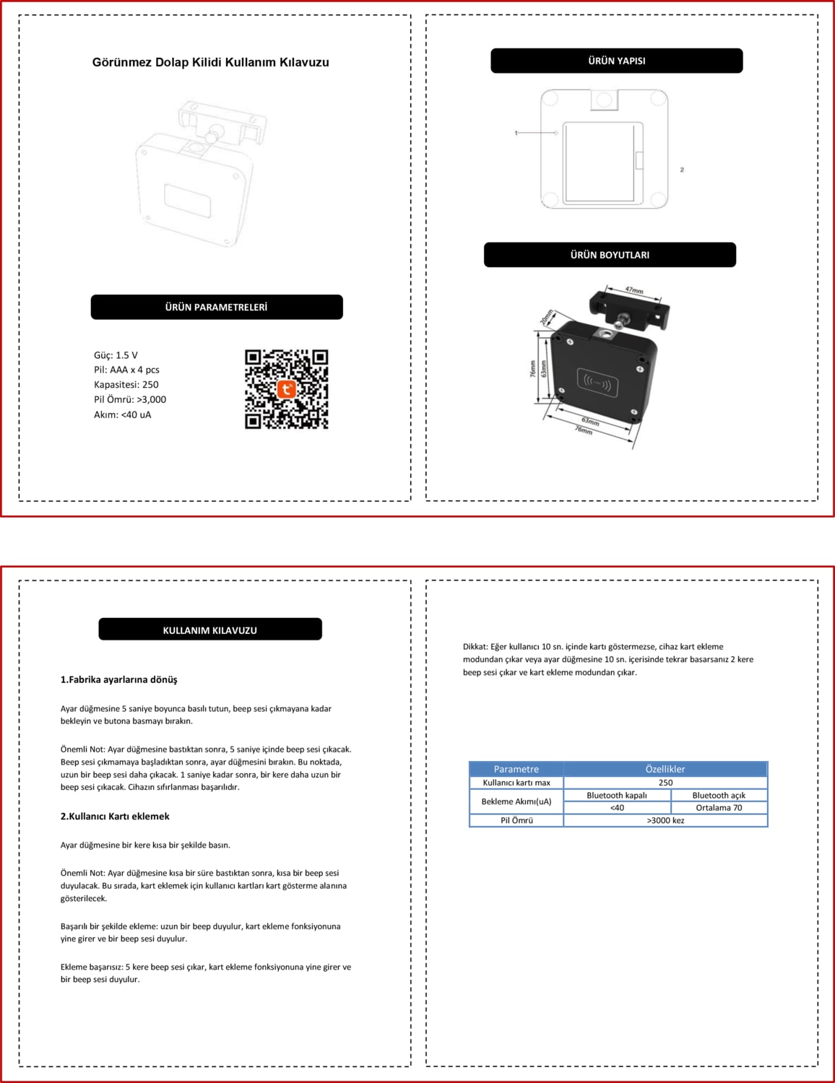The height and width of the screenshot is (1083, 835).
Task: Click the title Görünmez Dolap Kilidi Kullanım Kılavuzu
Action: pos(210,62)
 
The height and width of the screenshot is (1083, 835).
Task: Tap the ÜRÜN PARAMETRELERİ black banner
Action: pos(216,307)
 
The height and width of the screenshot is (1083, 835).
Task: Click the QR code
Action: pos(287,389)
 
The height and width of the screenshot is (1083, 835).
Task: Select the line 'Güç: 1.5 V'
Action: pos(116,355)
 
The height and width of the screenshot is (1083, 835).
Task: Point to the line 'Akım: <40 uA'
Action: pos(123,414)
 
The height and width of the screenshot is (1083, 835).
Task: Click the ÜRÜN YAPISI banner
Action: pos(616,61)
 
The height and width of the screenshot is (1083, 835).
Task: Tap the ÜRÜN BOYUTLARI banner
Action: pos(610,255)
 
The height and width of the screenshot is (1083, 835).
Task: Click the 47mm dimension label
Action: pos(633,290)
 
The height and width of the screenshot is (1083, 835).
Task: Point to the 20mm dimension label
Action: pos(547,317)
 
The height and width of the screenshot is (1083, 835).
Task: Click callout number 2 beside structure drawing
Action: pos(682,170)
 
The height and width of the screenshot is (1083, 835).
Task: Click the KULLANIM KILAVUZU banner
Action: pos(209,630)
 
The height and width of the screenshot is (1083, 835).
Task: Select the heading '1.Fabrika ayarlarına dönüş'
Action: pos(119,679)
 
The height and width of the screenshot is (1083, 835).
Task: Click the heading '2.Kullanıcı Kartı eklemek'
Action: pos(115,816)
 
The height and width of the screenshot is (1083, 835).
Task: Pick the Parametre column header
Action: pos(516,769)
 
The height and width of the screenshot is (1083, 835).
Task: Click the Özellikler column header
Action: pos(665,769)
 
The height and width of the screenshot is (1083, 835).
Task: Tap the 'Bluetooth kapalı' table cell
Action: pos(617,795)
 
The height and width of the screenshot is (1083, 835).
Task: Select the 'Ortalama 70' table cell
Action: pos(719,807)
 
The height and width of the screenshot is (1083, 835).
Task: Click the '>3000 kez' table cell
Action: pos(665,820)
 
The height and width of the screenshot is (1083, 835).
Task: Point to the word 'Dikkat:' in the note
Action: pos(475,647)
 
